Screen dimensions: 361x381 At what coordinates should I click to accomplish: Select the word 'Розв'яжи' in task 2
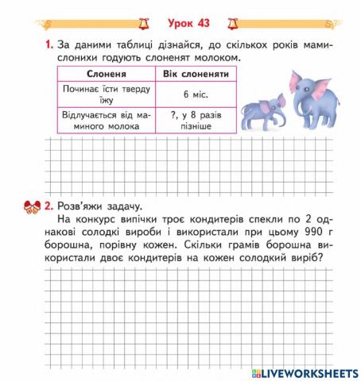tap(82, 207)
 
